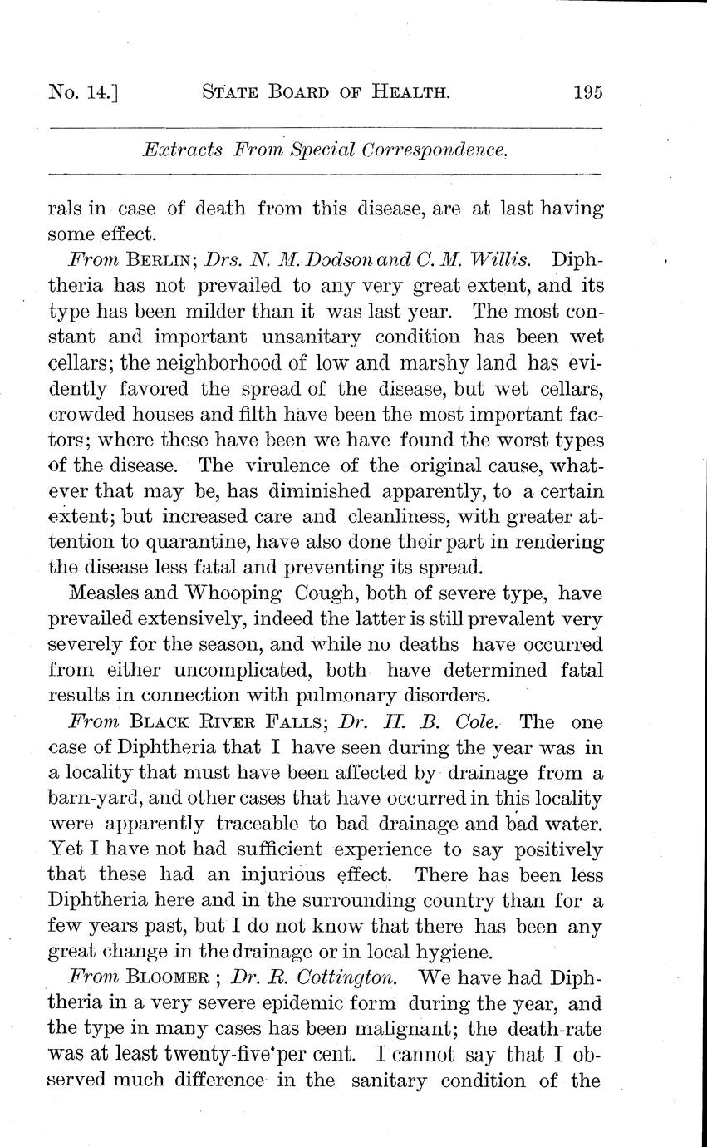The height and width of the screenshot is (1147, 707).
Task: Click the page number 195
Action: point(587,92)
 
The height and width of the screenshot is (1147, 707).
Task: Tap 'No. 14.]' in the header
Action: point(84,92)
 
